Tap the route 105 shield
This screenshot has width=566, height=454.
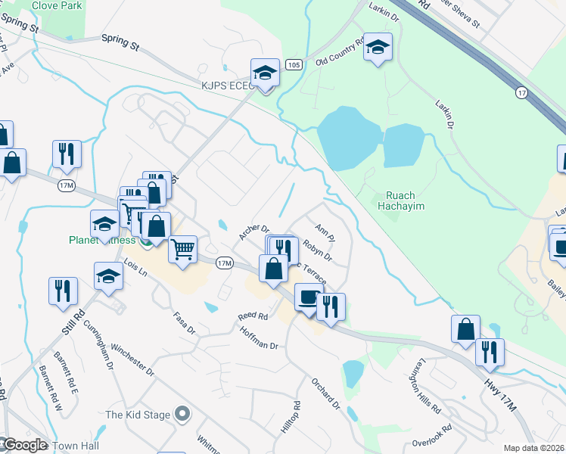293,67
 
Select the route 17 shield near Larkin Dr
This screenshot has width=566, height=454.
521,92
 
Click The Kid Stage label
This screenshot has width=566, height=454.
137,414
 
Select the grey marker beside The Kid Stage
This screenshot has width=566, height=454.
182,414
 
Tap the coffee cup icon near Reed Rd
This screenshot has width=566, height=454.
308,297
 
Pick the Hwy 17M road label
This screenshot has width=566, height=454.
499,396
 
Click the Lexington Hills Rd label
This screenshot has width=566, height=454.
426,392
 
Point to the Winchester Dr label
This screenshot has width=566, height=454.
132,362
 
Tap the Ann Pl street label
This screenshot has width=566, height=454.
324,229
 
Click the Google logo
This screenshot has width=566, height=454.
24,445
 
